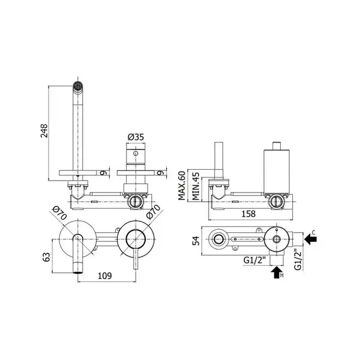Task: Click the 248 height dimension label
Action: (x=44, y=131)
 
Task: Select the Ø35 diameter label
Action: (x=136, y=137)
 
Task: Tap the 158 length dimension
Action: (x=248, y=214)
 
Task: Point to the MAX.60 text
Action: (x=182, y=186)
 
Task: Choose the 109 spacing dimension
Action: (x=104, y=276)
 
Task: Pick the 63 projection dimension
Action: (x=46, y=257)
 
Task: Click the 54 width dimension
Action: (x=196, y=241)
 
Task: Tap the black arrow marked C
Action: (x=310, y=239)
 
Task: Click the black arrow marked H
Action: (x=277, y=272)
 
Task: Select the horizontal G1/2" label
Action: (x=254, y=260)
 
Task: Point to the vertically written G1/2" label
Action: (x=298, y=259)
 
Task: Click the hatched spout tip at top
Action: (x=77, y=86)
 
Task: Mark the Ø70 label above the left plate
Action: (x=59, y=213)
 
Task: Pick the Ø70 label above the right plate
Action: (x=154, y=211)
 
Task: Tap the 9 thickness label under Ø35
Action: (x=161, y=173)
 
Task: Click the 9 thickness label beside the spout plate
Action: (x=104, y=173)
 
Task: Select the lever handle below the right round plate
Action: (x=136, y=259)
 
